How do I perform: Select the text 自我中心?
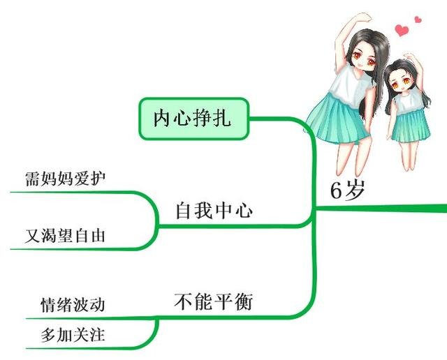click(x=214, y=211)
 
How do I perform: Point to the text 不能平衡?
click(x=213, y=302)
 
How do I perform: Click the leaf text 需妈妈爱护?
click(x=65, y=177)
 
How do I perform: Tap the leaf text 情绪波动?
click(x=73, y=305)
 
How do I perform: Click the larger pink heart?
click(x=402, y=30)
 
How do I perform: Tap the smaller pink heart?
click(x=418, y=20)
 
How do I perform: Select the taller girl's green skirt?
click(x=335, y=119)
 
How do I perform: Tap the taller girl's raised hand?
click(x=364, y=16)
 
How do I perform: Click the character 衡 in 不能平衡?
click(x=244, y=302)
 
